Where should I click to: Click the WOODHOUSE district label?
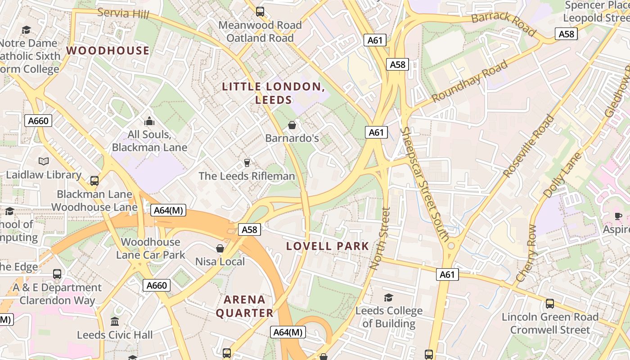[x=108, y=50]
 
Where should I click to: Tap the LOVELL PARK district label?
[x=328, y=246]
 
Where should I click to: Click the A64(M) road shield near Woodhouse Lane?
[x=169, y=210]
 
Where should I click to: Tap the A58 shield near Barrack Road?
[x=566, y=34]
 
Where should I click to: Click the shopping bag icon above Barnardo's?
[x=292, y=125]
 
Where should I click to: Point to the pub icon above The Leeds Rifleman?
[x=247, y=162]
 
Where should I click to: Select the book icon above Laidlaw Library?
[x=43, y=161]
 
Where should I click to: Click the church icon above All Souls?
[x=149, y=121]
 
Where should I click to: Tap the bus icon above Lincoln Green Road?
[x=550, y=304]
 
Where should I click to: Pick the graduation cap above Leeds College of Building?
[x=388, y=297]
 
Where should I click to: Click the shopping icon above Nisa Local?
[x=220, y=248]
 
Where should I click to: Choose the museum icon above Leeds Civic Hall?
[x=115, y=322]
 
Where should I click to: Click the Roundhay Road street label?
[x=470, y=81]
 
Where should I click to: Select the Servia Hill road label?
[x=123, y=13]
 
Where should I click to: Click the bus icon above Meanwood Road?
[x=260, y=12]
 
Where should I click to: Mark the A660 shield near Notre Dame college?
[x=38, y=121]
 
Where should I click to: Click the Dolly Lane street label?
[x=562, y=175]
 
